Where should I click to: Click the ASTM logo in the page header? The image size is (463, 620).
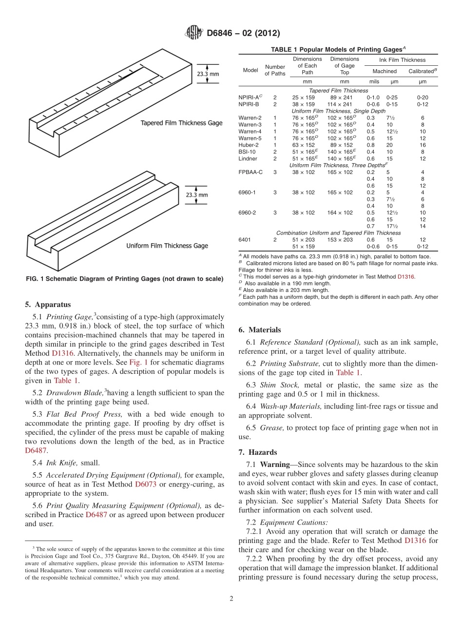pos(193,33)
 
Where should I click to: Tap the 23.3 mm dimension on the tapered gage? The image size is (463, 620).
pos(208,74)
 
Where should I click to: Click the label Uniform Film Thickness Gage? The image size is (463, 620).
pos(167,246)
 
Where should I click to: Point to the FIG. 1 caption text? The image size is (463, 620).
pos(124,279)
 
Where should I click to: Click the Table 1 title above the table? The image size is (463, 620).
pos(338,50)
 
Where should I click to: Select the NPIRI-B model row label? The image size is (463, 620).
pos(249,104)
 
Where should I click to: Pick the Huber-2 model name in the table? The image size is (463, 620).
pos(249,145)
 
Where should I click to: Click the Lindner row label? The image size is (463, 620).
pos(248,158)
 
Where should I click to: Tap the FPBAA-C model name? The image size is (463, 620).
pos(251,172)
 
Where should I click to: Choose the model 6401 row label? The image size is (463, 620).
pos(244,240)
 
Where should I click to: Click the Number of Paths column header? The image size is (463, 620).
pos(275,70)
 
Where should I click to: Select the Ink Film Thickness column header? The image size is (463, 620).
pos(402,60)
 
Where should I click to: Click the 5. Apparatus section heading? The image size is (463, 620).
pos(48,305)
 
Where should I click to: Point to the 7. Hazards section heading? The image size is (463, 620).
pos(263,452)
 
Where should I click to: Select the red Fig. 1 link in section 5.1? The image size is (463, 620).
pos(135,363)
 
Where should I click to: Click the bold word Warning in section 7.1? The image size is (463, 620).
pos(276,465)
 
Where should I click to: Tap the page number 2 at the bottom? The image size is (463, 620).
pos(231,599)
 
